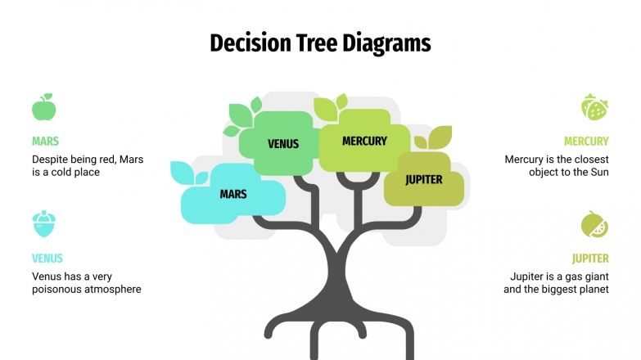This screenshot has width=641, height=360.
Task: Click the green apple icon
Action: click(43, 107)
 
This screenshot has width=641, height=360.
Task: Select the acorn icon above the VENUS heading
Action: click(43, 224)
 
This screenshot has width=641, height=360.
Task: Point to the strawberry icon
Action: click(594, 107)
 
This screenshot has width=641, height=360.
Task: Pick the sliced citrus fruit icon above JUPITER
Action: click(594, 224)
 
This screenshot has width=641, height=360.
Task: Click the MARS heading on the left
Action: click(45, 141)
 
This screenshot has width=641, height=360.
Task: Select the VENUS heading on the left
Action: click(47, 259)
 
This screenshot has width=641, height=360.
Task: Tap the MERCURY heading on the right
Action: click(586, 141)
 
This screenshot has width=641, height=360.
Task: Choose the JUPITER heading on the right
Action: click(590, 259)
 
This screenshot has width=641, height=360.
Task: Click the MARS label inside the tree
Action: click(232, 195)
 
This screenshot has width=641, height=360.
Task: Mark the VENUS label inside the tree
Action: click(283, 144)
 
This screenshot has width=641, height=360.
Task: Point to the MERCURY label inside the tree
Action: click(364, 141)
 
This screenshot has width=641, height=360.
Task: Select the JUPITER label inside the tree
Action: click(424, 179)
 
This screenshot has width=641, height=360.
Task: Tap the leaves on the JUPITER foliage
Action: click(434, 137)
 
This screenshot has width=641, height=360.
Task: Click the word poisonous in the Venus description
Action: click(60, 290)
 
